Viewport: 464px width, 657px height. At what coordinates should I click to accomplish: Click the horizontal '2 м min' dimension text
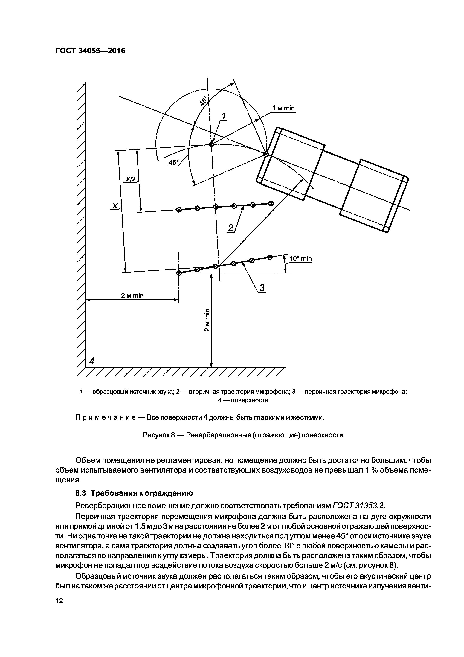pos(132,296)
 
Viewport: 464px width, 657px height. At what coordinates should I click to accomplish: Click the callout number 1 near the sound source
pos(224,116)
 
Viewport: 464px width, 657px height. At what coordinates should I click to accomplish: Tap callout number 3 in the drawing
pos(262,288)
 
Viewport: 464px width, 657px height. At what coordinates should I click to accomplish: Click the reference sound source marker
pos(211,145)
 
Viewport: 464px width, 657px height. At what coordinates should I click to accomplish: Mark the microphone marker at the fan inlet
pos(266,154)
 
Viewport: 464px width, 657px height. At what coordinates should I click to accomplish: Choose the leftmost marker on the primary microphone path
pos(179,273)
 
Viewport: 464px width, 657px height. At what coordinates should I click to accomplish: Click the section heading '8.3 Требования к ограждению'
pos(134,493)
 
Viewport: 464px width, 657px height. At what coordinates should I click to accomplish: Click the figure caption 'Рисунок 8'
pos(159,435)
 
